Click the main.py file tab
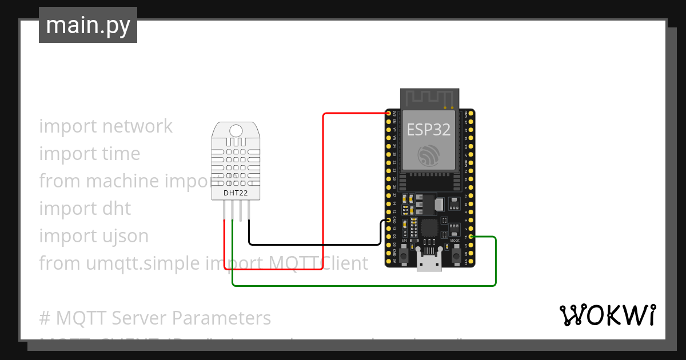[x=87, y=25]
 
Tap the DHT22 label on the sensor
[x=236, y=193]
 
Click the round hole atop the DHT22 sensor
[x=236, y=131]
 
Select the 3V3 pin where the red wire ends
[x=389, y=114]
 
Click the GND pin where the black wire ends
[x=389, y=220]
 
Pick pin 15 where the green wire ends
[x=470, y=237]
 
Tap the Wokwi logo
[x=607, y=315]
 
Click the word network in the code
[x=138, y=126]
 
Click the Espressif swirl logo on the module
[x=429, y=155]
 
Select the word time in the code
[x=121, y=154]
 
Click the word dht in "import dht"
[x=116, y=209]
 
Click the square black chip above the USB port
[x=430, y=228]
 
